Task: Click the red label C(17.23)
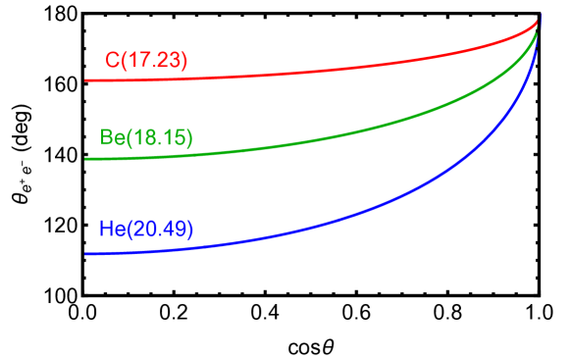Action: pyautogui.click(x=146, y=61)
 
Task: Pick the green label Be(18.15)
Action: pyautogui.click(x=146, y=138)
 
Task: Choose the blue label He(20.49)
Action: pyautogui.click(x=146, y=230)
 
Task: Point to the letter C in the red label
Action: pyautogui.click(x=112, y=61)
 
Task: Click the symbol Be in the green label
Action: pyautogui.click(x=111, y=138)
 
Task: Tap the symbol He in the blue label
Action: pyautogui.click(x=111, y=230)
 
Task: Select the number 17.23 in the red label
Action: pyautogui.click(x=152, y=61)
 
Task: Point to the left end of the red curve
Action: pyautogui.click(x=86, y=79)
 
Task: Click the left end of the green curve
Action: pyautogui.click(x=86, y=159)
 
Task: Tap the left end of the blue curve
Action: pyautogui.click(x=86, y=254)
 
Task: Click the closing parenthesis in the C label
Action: pyautogui.click(x=184, y=61)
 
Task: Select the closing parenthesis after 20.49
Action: pyautogui.click(x=190, y=230)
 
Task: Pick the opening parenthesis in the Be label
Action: pyautogui.click(x=126, y=138)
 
